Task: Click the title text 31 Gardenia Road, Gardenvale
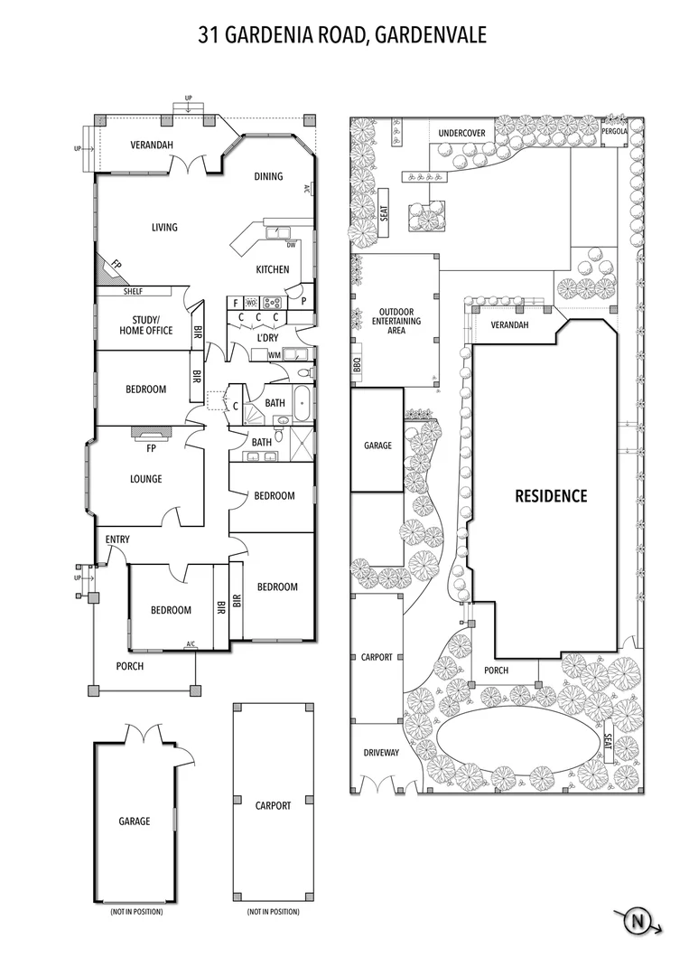point(343,35)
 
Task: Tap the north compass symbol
point(638,922)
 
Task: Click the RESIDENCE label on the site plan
point(551,496)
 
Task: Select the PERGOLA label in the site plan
point(615,132)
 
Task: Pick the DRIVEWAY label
point(381,753)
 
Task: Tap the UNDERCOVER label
point(461,133)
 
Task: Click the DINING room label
point(268,176)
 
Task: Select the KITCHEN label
point(272,269)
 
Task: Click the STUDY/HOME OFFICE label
point(145,325)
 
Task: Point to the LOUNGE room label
point(145,479)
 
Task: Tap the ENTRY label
point(117,540)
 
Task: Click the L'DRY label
point(266,337)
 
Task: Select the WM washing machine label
point(275,355)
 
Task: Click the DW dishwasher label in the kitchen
point(291,245)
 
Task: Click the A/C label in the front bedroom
point(191,644)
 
